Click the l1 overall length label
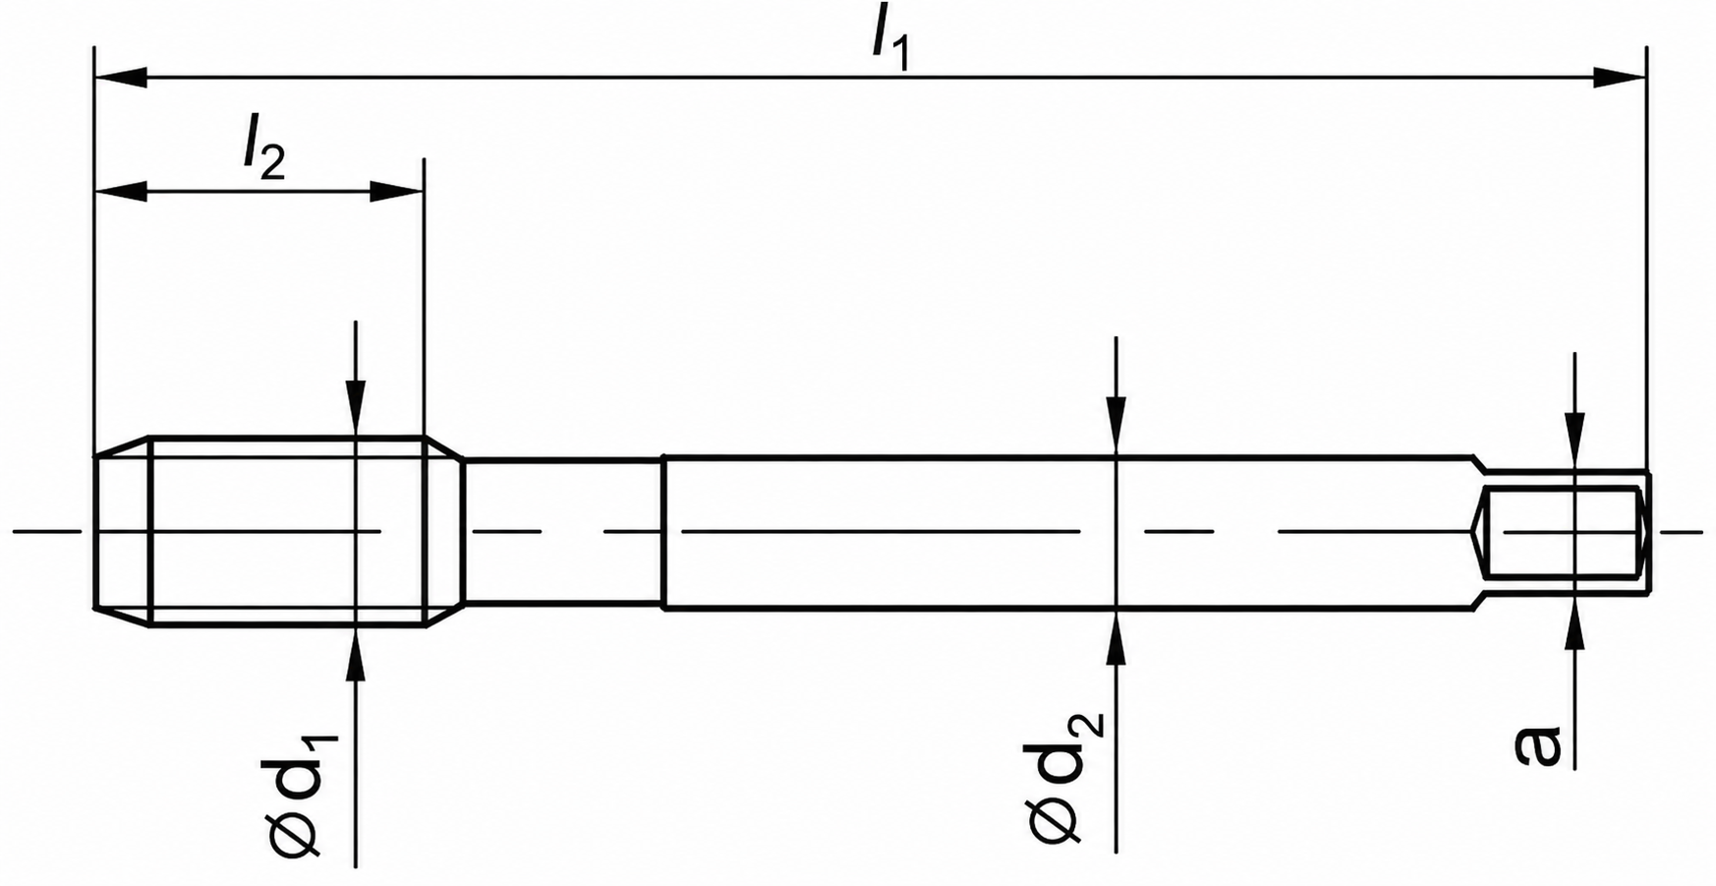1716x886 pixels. (889, 41)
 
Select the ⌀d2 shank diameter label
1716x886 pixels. (1067, 776)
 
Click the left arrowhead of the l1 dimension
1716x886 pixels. (121, 78)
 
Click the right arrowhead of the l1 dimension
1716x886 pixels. (1620, 78)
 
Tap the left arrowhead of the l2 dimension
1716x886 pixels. (121, 192)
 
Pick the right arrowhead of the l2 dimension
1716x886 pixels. (396, 192)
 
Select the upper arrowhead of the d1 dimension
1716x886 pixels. (356, 407)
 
